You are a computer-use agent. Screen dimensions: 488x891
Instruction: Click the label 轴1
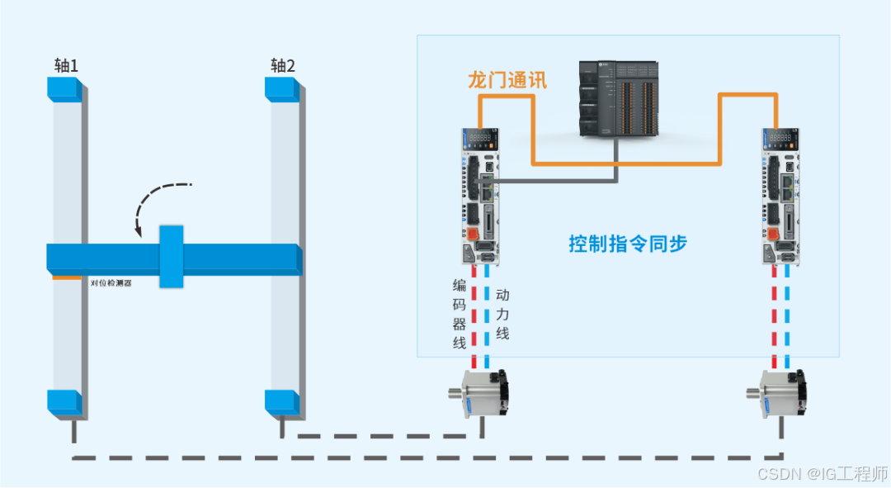tap(66, 65)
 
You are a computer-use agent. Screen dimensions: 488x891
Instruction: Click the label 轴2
tap(283, 65)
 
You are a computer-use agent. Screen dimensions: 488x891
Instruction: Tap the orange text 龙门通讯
tap(507, 80)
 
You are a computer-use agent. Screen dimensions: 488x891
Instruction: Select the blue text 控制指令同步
tap(628, 244)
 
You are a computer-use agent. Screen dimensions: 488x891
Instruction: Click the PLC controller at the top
tap(618, 98)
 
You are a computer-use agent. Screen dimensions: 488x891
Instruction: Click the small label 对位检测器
tap(111, 282)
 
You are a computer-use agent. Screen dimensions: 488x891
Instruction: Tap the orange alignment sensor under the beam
tap(66, 277)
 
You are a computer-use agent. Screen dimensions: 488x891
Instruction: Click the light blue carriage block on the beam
tap(171, 256)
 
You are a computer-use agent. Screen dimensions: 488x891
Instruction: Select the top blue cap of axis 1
tap(64, 89)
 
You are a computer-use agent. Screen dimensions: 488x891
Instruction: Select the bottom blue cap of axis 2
tap(280, 402)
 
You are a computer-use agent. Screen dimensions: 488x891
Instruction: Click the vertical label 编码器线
tap(460, 314)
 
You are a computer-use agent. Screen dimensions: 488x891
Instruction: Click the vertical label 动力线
tap(502, 314)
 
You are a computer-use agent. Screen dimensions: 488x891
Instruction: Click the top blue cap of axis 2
tap(281, 89)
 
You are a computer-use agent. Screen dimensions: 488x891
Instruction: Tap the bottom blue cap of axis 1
tap(64, 402)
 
